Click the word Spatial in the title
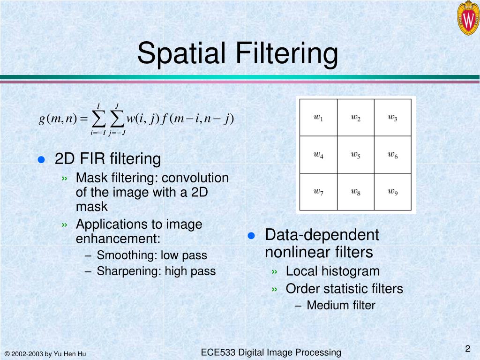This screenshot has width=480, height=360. tap(182, 53)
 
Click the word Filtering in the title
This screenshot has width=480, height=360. tap(286, 53)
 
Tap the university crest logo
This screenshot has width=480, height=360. tap(467, 18)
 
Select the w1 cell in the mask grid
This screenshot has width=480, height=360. tap(318, 117)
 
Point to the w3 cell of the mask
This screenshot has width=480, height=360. tap(392, 117)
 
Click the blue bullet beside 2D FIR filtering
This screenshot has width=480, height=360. tap(41, 159)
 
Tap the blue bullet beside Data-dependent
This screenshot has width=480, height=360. tap(251, 235)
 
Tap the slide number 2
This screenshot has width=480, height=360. tap(467, 348)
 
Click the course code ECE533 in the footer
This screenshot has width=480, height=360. tap(218, 352)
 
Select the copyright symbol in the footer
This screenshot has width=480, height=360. tap(7, 354)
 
